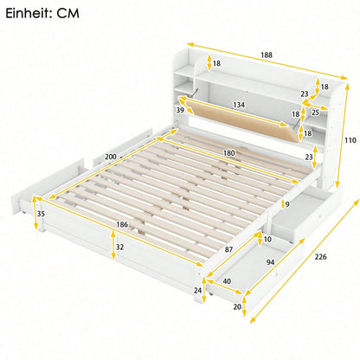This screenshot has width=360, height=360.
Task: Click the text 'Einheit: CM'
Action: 42,14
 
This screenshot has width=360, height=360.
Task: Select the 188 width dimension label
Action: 267,55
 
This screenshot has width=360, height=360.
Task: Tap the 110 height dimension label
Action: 350,140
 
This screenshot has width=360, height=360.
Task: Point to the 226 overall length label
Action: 320,256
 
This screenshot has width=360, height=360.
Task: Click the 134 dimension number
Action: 239,105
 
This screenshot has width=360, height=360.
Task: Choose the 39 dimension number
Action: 180,110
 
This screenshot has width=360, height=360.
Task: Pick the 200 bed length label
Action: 111,157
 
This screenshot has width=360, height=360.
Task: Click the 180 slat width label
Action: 229,153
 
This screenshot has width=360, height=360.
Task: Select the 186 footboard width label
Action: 122,224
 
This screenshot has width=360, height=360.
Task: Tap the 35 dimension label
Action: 42,214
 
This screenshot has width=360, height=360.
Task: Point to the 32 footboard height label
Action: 119,247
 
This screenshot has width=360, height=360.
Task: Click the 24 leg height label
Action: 197,290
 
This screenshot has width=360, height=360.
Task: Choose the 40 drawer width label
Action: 227,280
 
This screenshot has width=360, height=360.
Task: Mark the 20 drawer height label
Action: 237,307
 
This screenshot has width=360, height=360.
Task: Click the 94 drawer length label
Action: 270,262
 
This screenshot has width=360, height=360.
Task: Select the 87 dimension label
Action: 228,249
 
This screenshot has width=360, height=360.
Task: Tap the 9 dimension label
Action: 287,204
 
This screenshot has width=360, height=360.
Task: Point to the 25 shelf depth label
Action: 315,112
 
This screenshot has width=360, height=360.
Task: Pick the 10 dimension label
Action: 267,239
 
